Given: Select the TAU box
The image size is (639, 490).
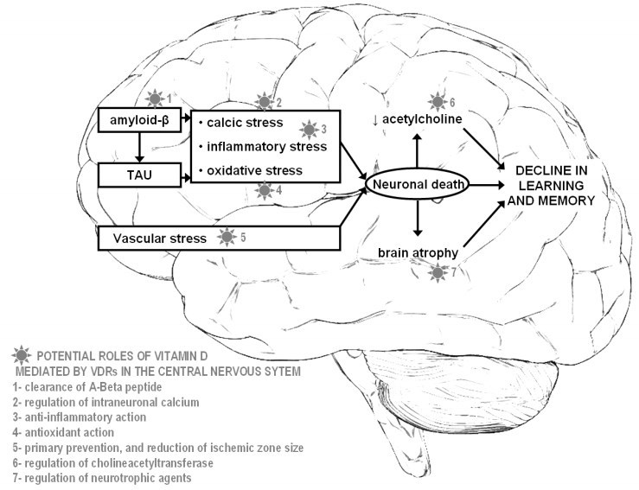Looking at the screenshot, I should (138, 179).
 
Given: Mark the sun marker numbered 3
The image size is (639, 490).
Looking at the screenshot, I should (308, 129).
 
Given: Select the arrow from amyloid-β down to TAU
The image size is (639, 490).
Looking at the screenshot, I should (138, 150).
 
